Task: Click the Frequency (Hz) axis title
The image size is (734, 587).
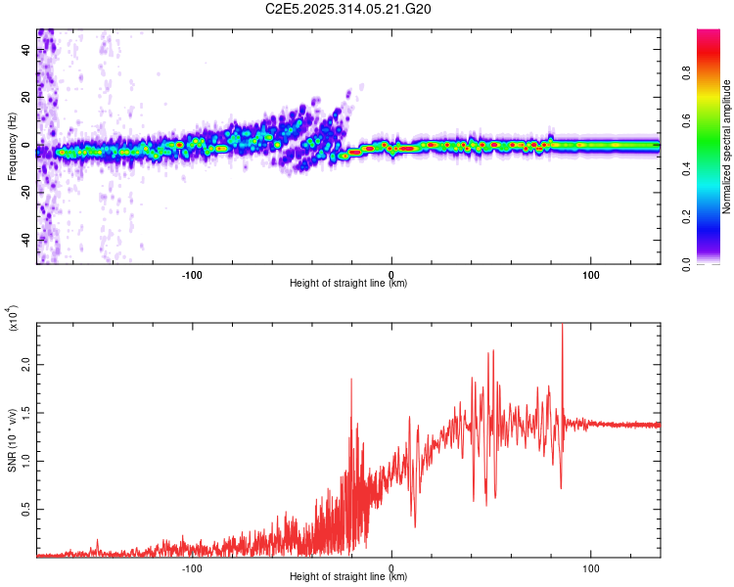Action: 12,147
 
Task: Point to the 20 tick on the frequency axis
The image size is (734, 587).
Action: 26,97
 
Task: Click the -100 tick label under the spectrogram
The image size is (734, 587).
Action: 192,273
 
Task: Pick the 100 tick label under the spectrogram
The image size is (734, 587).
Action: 591,273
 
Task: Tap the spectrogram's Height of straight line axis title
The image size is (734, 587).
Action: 348,284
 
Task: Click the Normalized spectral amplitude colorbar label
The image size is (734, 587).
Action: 727,147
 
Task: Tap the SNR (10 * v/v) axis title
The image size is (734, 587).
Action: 12,439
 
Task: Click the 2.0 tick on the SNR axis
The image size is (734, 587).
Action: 26,363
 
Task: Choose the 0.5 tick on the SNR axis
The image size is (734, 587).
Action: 26,510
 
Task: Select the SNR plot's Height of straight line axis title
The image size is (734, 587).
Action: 348,577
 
